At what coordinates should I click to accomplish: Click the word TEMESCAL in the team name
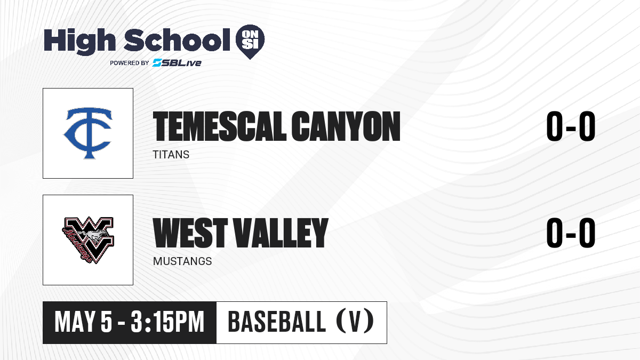[x=219, y=126]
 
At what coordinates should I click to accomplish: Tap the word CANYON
[x=346, y=126]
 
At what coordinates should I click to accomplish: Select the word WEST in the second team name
[x=190, y=233]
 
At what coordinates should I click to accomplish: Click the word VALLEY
[x=281, y=233]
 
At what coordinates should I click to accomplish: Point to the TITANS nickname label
[x=171, y=155]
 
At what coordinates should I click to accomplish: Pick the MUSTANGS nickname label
[x=182, y=261]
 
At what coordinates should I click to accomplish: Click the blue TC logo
[x=88, y=133]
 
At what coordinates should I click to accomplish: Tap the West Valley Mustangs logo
[x=88, y=240]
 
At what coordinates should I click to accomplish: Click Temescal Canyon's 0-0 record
[x=571, y=126]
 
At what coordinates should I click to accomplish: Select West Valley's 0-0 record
[x=571, y=233]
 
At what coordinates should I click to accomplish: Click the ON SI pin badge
[x=250, y=42]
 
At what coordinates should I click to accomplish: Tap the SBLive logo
[x=177, y=62]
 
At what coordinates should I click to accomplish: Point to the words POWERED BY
[x=130, y=63]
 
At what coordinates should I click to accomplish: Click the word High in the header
[x=79, y=41]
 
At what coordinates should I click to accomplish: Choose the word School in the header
[x=177, y=40]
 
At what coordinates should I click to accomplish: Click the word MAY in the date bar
[x=75, y=322]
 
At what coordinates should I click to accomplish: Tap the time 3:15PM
[x=167, y=322]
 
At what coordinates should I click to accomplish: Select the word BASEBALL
[x=277, y=322]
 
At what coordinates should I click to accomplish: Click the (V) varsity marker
[x=355, y=322]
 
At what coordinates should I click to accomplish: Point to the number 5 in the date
[x=106, y=322]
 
